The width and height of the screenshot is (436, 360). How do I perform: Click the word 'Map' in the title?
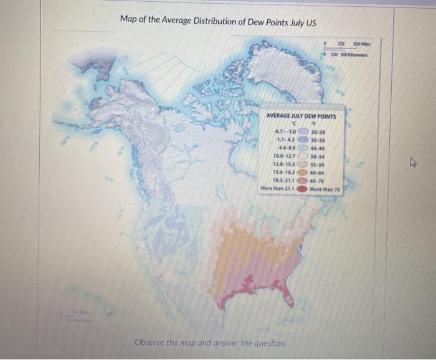[130, 21]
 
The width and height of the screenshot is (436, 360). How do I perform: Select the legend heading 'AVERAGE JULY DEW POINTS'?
[301, 116]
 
